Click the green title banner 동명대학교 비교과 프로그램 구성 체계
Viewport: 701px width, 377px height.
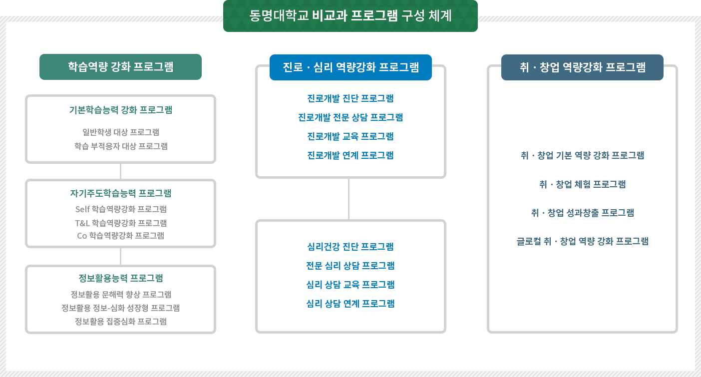(350, 16)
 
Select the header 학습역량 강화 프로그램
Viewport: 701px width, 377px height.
(120, 66)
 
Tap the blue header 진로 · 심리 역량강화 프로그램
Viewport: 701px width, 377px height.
(350, 67)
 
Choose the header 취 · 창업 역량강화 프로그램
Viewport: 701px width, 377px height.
(582, 67)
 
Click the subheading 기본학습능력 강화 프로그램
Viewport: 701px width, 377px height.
(120, 110)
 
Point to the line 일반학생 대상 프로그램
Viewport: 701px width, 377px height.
(120, 132)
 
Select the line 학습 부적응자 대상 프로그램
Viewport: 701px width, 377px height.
(120, 146)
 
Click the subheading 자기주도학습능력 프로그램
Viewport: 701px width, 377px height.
(120, 193)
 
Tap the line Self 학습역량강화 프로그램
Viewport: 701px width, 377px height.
(120, 209)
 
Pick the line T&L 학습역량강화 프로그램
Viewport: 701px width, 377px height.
(120, 223)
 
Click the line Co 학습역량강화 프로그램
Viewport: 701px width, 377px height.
(120, 235)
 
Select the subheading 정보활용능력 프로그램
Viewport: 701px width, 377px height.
(120, 278)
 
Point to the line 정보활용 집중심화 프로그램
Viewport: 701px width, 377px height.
(120, 321)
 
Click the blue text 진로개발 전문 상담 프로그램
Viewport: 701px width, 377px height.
(350, 117)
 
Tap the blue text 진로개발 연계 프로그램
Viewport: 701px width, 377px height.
(350, 155)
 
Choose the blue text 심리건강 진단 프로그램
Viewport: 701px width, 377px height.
(350, 247)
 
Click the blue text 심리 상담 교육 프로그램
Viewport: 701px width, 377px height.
(350, 285)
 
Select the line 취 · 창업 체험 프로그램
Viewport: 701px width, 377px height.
(582, 184)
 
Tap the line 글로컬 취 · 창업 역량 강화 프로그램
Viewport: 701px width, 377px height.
(582, 241)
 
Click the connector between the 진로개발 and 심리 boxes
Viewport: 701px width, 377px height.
(349, 199)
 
